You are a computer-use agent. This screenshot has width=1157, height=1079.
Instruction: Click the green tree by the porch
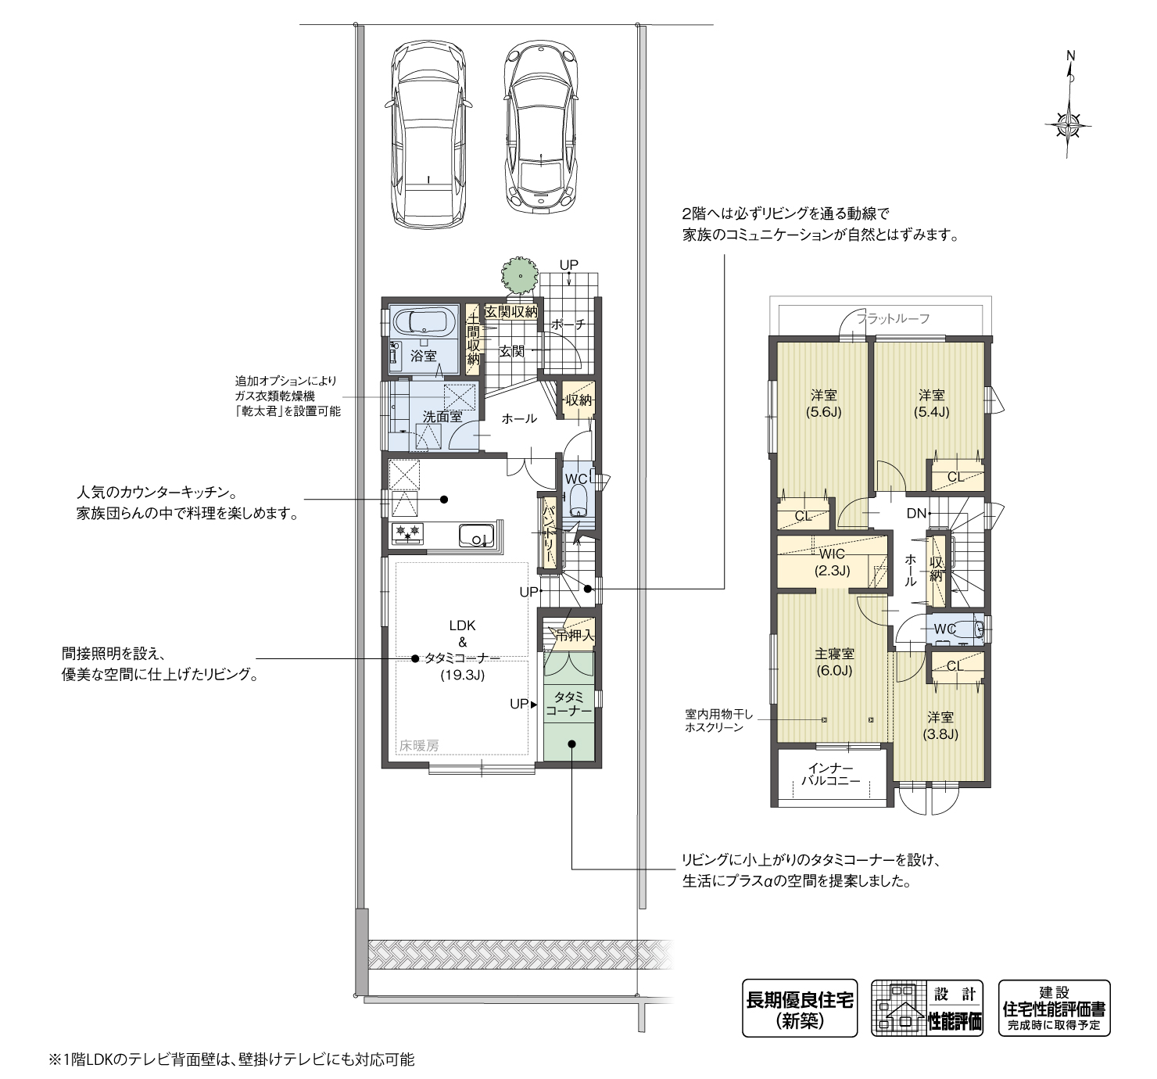[518, 274]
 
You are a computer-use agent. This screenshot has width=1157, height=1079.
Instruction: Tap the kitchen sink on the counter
[475, 536]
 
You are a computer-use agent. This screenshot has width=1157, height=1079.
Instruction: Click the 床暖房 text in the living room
[419, 745]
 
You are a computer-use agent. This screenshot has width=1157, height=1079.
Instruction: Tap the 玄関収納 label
[511, 312]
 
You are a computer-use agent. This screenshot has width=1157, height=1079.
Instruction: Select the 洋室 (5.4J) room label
[931, 403]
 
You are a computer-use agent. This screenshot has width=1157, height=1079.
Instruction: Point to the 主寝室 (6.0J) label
[834, 661]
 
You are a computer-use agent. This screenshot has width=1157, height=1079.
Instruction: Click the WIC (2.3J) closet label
[832, 562]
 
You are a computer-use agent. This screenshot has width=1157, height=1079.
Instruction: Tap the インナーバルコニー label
[833, 774]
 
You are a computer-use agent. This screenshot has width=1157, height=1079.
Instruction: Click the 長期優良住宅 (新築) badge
[799, 1008]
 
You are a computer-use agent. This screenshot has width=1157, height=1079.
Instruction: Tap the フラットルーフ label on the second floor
[894, 318]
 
